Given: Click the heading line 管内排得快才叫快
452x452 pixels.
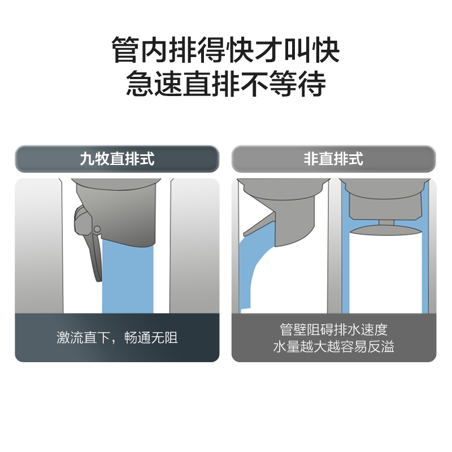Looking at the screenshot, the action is [225, 50].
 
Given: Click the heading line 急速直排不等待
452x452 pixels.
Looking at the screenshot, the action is [225, 84].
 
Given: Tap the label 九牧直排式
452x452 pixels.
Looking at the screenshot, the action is [117, 159].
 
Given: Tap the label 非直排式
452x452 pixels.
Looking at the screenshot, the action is [333, 159].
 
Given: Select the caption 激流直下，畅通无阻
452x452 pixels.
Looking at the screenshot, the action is [117, 337].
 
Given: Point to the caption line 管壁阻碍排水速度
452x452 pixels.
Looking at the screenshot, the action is [333, 329].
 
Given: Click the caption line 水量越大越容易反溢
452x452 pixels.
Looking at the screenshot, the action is [333, 346].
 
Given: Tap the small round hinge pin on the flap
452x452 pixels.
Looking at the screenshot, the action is [97, 229].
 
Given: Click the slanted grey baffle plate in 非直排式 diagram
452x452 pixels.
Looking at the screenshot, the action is [259, 223].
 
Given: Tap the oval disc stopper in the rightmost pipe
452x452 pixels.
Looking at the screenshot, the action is [386, 231].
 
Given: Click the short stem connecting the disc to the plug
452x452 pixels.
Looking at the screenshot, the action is [386, 223].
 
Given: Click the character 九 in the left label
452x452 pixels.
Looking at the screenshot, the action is [87, 159].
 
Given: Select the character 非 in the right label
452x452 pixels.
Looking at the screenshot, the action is [311, 159].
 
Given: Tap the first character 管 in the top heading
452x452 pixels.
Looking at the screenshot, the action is [125, 50].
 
